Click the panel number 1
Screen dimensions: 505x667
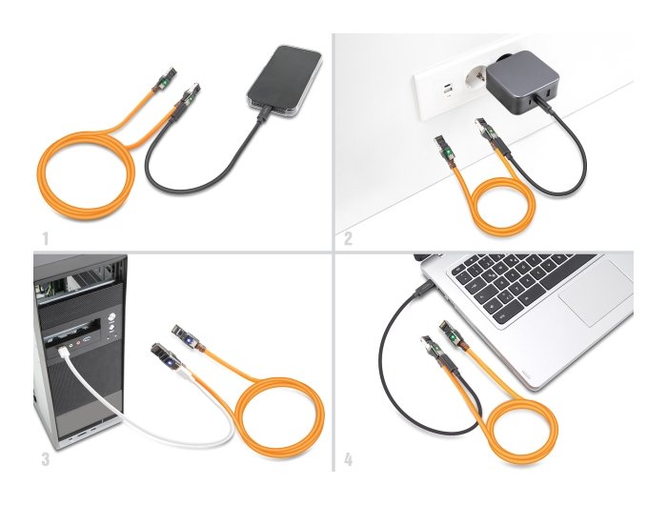45,234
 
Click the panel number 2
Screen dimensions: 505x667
348,238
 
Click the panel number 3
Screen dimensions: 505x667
46,459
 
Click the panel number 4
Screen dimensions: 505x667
348,459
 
